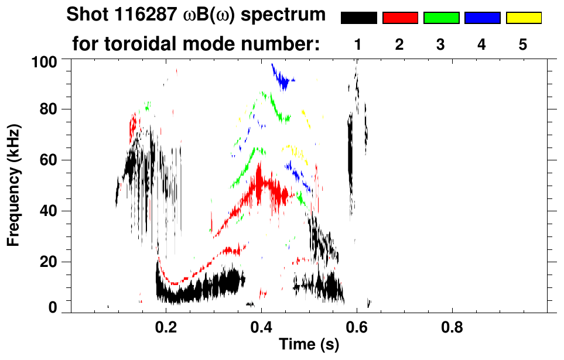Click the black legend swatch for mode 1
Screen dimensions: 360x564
click(x=358, y=18)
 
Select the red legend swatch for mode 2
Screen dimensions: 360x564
click(x=400, y=18)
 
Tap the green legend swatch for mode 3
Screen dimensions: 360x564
click(x=441, y=18)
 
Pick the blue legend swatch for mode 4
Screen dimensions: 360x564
click(x=482, y=18)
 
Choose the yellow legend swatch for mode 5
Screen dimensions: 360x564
click(x=523, y=18)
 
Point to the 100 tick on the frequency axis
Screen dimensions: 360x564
click(x=45, y=61)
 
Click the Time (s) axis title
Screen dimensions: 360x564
click(x=308, y=345)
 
